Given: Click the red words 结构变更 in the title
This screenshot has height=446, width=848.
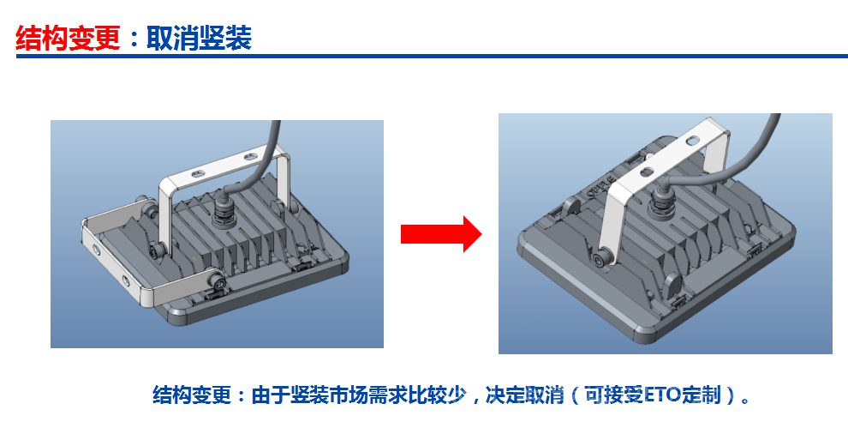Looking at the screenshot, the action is [69, 39].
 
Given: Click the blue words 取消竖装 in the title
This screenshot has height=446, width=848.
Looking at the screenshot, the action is [199, 39].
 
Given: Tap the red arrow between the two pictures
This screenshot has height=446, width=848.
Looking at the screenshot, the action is [441, 234].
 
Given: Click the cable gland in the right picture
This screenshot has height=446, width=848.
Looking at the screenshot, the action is [662, 203].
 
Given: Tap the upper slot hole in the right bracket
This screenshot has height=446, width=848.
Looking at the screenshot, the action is [692, 142].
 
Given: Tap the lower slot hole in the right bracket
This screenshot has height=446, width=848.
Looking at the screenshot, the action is [647, 173].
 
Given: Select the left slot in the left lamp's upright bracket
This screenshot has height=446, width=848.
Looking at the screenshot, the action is [197, 174].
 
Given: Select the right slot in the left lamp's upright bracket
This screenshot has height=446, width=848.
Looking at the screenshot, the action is [250, 158].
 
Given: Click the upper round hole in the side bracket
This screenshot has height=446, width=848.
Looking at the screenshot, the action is [96, 250].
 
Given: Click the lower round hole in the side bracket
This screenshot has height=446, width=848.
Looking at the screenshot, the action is [125, 280].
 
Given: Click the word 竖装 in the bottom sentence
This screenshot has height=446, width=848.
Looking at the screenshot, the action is [310, 395].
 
